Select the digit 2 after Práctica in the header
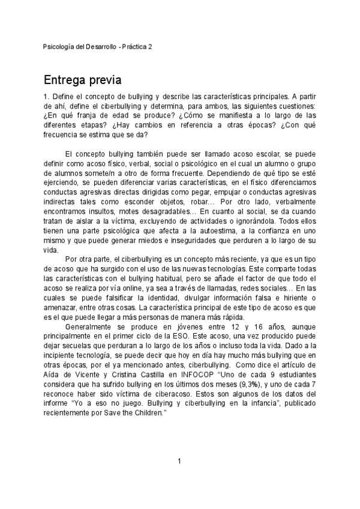(150, 46)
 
